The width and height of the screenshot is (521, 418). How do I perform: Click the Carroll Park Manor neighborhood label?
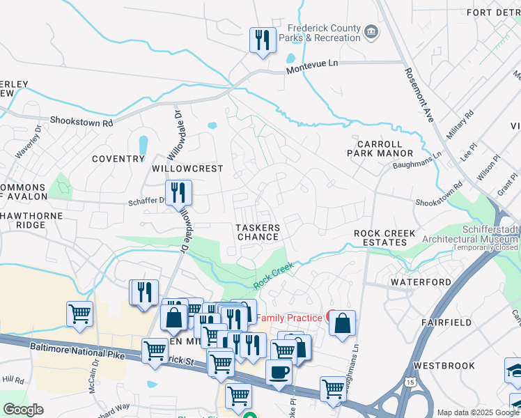coord(385,148)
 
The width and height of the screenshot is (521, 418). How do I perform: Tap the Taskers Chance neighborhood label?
coord(258,232)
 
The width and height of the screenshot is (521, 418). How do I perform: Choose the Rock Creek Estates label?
coord(384,238)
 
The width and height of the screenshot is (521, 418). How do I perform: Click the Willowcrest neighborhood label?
coord(187,169)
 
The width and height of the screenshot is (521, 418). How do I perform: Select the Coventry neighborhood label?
coord(118,159)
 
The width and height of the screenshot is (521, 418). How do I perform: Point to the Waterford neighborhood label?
coord(417,281)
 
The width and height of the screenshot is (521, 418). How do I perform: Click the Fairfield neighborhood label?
coord(447,323)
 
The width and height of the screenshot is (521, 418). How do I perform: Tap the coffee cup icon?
coord(279,371)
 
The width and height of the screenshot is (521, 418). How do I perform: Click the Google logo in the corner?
coord(23,410)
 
